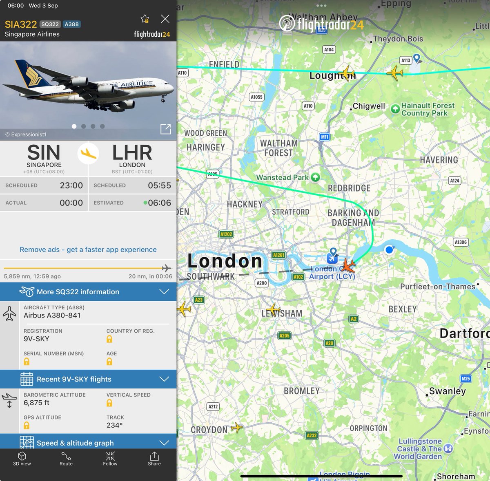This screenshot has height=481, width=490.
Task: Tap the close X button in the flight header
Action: tap(165, 19)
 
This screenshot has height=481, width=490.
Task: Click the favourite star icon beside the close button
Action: tap(145, 19)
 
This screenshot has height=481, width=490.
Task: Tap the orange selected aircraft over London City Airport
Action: tap(348, 265)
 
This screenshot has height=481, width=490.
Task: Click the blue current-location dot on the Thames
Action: tap(389, 249)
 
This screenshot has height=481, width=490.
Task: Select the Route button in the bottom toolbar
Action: tap(66, 458)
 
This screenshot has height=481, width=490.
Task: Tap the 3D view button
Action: tap(22, 458)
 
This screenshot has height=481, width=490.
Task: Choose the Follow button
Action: tap(110, 458)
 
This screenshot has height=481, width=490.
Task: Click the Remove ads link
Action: tap(88, 249)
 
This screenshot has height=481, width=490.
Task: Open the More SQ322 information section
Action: tap(88, 291)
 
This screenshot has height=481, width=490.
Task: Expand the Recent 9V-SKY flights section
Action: tap(88, 379)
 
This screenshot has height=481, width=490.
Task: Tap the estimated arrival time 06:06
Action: tap(159, 203)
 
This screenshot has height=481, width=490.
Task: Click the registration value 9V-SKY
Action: tap(36, 339)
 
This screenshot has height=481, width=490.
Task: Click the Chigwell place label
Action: tap(369, 106)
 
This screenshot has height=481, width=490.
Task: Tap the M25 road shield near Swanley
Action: tap(465, 378)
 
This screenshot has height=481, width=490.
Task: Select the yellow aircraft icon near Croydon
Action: tap(236, 428)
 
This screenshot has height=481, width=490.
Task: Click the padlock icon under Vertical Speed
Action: tap(109, 403)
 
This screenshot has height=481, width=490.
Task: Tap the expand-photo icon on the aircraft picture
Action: tap(165, 129)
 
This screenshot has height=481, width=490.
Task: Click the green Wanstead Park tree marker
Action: tap(315, 177)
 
